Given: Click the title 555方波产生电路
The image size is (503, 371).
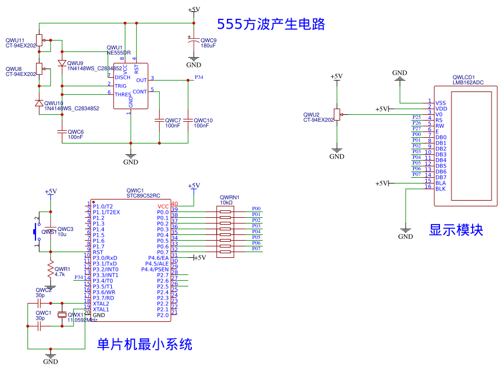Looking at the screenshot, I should pos(271,24).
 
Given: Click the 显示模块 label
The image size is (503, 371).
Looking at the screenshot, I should pos(456,230).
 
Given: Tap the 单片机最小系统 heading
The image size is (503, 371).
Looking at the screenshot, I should pos(144,344).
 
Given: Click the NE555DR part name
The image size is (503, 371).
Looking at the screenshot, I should pos(119,53).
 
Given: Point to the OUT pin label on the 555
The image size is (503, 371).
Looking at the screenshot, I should pos(142,80).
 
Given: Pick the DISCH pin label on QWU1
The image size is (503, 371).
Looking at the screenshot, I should pos(123,77).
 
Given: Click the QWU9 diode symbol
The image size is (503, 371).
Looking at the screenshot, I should pos(62,63).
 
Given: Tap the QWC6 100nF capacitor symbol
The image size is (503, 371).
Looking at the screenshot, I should pos(62,131).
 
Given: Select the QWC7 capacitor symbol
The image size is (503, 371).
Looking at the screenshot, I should pos(159,121).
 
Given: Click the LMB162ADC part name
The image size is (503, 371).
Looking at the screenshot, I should pos(467,82).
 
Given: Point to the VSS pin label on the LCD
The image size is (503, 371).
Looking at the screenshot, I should pos(441,103).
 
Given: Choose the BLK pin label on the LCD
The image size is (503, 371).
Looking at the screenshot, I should pos(441,189).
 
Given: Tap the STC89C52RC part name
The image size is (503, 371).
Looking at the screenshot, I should pos(143,196).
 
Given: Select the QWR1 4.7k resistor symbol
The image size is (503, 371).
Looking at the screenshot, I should pos(50,269).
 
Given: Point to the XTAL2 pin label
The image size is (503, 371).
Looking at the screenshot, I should pos(101,304).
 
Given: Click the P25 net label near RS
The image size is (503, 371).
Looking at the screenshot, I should pos(416,117).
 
